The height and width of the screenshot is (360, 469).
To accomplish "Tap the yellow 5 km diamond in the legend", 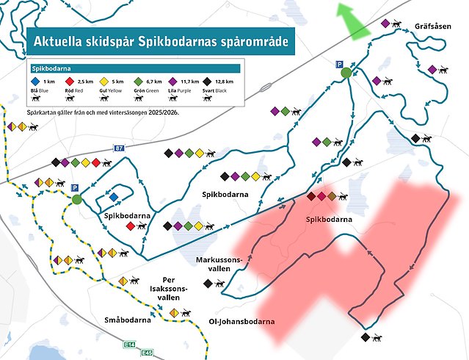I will (x=103, y=81).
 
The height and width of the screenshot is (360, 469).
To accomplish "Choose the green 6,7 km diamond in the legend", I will (x=139, y=81).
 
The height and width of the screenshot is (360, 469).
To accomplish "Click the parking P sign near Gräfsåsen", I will (x=339, y=65).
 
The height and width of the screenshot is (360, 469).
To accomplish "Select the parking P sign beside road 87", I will (x=75, y=188).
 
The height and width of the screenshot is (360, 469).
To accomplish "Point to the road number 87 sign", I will (x=119, y=148).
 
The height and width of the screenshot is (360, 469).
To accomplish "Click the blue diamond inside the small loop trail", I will (x=114, y=197).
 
